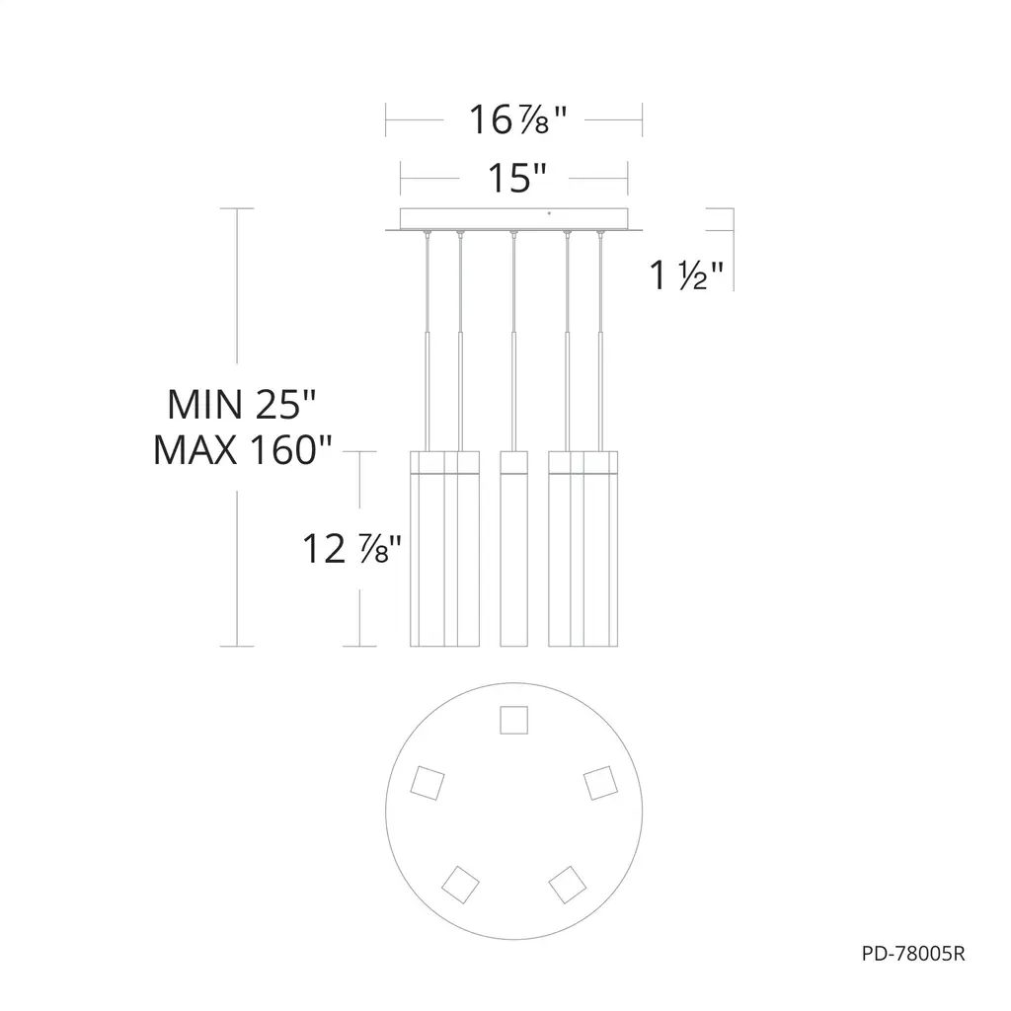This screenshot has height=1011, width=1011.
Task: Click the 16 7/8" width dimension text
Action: tap(517, 119)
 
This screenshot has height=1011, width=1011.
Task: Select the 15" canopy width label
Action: tap(517, 178)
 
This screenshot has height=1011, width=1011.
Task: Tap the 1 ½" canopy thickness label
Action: tap(686, 275)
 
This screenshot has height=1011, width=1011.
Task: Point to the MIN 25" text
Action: tap(241, 404)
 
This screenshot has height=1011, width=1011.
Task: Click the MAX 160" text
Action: tap(243, 450)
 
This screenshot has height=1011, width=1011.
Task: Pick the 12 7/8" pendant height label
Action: tap(351, 549)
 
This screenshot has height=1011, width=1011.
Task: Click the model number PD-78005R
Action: tap(913, 954)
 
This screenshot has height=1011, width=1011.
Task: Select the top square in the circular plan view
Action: tap(513, 720)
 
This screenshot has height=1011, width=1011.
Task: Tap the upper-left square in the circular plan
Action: tap(428, 783)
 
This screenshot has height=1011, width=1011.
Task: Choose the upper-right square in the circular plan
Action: tap(600, 783)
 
